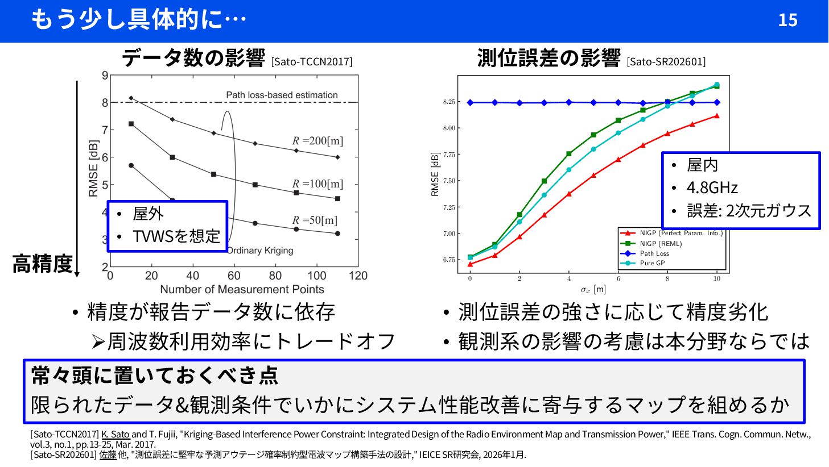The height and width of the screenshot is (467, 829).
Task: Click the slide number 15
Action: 787,20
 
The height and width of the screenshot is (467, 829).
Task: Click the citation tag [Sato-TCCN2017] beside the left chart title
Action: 311,61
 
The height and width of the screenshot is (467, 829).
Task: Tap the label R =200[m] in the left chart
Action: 317,140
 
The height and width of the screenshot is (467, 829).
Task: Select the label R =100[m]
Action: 317,184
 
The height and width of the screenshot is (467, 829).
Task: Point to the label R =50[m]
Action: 315,220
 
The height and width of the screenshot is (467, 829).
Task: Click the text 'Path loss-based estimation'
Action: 282,95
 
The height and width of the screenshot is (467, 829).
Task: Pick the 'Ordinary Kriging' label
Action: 260,251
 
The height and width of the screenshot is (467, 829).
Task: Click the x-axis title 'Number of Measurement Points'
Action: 242,289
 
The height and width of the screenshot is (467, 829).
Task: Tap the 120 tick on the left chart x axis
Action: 358,276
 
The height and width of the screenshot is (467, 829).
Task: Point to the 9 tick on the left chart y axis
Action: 105,76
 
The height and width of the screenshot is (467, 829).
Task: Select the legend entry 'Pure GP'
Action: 652,263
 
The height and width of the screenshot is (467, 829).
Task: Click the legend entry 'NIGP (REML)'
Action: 660,244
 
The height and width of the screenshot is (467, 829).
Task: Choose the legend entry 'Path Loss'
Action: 654,253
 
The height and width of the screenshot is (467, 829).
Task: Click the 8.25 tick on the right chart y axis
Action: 449,102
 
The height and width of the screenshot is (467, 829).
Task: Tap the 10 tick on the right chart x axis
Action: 717,278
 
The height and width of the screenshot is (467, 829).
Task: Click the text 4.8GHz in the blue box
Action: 712,187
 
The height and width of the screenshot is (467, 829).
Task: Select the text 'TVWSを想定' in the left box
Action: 176,236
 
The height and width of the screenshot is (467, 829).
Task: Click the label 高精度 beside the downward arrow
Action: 43,264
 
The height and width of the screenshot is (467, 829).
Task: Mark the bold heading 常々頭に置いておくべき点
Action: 155,376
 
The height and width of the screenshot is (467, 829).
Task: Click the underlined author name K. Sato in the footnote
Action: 116,435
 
